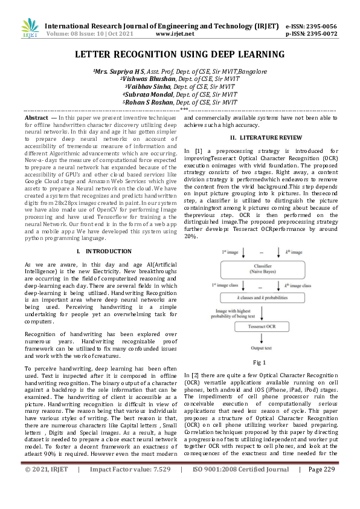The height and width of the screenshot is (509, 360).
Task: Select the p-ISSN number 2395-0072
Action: coord(320,34)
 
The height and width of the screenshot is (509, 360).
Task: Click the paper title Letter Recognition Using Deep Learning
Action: coord(179,55)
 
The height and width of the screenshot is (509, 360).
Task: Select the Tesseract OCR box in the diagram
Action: coord(258,326)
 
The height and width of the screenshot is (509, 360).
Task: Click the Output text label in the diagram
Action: coord(258,348)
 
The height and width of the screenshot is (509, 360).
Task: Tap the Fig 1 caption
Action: coord(259,362)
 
